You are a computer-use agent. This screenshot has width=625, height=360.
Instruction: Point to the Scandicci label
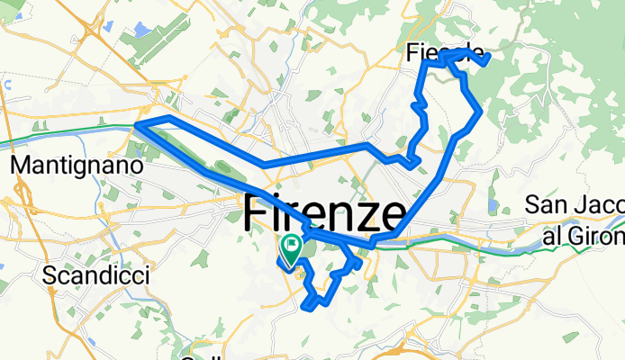click(95, 275)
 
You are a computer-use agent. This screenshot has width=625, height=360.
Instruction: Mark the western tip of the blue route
click(136, 125)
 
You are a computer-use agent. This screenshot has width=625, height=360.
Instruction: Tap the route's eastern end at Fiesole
click(487, 59)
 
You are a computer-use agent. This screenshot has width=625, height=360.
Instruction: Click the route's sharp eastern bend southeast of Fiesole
click(483, 112)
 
